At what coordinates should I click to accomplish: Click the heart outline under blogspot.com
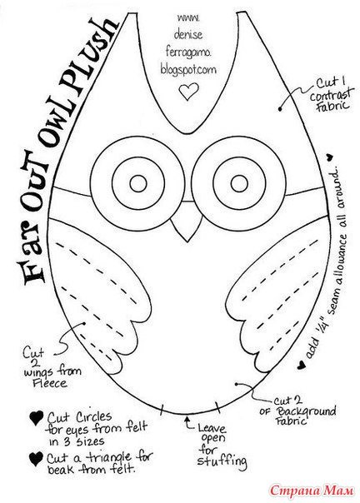coord(188,92)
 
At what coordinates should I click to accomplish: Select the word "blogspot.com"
coord(188,70)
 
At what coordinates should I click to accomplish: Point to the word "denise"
coord(188,34)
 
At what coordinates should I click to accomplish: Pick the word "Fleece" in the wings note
coord(50,383)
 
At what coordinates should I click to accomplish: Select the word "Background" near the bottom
coord(306,411)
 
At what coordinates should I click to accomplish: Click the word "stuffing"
coord(222,461)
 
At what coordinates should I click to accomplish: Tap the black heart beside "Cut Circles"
coord(37,418)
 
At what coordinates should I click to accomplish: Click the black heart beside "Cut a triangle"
coord(36,459)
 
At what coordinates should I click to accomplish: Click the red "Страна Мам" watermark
coord(311,490)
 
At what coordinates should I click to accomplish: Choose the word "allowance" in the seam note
coord(340,256)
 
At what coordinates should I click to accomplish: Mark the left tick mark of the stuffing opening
coord(162,410)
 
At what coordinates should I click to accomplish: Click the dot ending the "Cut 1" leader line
coord(280,109)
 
